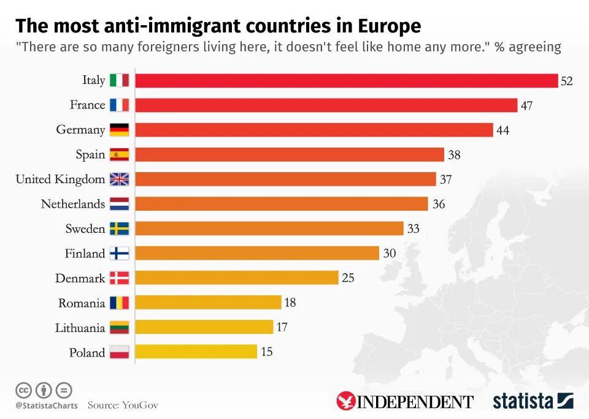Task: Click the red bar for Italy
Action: tap(346, 80)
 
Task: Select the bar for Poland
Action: tap(196, 352)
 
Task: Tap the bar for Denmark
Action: tap(236, 277)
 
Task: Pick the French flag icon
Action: tap(119, 105)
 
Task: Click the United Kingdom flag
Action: tap(119, 179)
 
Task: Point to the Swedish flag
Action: tap(119, 228)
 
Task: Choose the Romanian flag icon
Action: tap(119, 303)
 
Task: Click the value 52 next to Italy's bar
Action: tap(566, 81)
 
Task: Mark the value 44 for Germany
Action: tap(502, 130)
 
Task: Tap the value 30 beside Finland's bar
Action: tap(390, 253)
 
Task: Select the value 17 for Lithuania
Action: tap(282, 327)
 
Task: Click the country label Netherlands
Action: tap(73, 204)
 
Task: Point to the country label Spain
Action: tap(90, 154)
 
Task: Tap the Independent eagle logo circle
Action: tap(346, 401)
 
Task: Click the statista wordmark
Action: tap(523, 401)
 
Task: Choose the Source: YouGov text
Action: tap(123, 405)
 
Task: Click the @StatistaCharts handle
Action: tap(47, 406)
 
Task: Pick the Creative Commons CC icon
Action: tap(23, 390)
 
